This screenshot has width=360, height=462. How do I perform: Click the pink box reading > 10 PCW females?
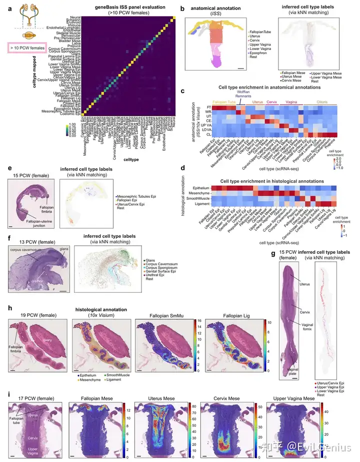click(x=26, y=48)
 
